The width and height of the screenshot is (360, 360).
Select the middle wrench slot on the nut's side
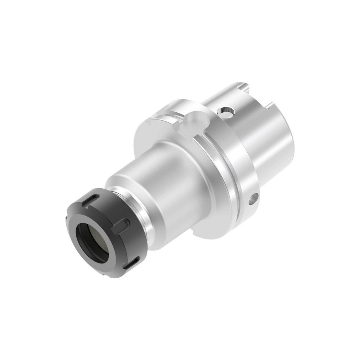[x=122, y=225]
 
